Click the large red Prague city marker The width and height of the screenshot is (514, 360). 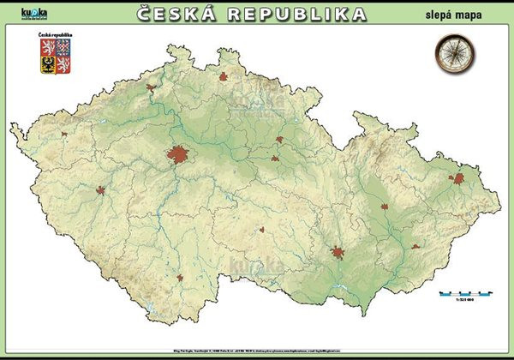tap(178, 155)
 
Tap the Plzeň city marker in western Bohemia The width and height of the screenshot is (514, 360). tap(103, 190)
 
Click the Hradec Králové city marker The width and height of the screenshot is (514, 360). tap(279, 139)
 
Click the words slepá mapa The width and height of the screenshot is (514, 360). tap(451, 15)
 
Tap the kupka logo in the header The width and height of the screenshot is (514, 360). tap(35, 15)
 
